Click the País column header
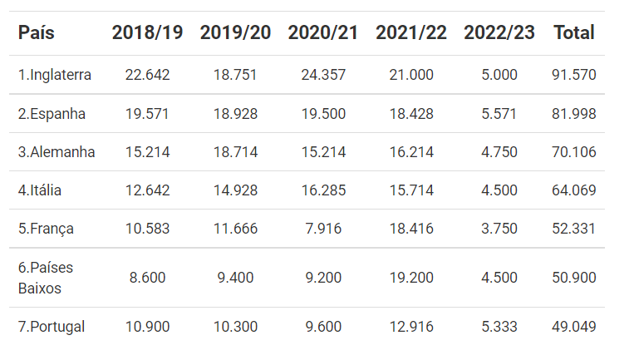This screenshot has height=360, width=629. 36,32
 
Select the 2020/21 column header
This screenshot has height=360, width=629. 323,32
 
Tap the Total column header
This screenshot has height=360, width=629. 574,32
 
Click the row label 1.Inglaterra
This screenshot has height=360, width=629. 55,75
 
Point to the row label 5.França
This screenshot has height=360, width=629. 46,229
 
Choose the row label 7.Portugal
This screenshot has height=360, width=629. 52,327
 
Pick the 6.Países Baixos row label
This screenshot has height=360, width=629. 46,278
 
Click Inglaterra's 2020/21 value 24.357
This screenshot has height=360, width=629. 323,75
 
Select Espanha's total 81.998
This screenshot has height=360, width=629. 574,114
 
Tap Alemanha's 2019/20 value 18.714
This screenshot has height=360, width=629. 235,152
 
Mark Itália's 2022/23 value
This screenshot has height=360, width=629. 499,190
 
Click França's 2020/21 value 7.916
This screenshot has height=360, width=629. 323,229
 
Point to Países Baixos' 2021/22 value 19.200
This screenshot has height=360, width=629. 411,278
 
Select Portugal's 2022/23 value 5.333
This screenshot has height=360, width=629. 499,326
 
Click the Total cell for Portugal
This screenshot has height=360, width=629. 574,326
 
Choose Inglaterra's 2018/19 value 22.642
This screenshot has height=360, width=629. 148,75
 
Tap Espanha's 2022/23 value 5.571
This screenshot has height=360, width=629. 499,114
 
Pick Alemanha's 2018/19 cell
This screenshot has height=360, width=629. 148,152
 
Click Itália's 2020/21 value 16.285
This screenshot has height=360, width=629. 323,190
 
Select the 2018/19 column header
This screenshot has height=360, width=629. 147,32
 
